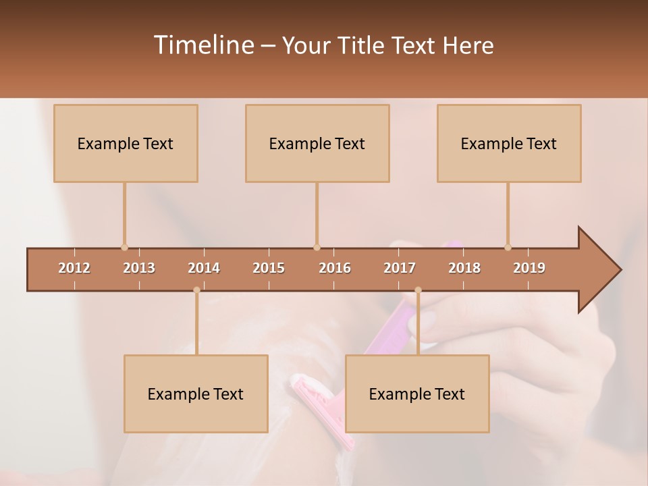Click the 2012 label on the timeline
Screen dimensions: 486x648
[74, 268]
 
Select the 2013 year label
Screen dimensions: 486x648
[139, 268]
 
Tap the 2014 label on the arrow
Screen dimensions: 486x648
[204, 268]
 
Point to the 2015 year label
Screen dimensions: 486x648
[269, 268]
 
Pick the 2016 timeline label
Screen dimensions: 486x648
[335, 268]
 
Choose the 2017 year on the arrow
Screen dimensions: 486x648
[400, 268]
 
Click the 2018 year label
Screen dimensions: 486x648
[464, 268]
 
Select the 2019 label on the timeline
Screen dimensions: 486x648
[529, 268]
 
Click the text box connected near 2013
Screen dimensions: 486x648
[126, 143]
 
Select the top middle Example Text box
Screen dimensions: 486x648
[317, 143]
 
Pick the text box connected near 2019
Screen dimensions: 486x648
[509, 143]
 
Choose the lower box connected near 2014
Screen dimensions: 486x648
[196, 394]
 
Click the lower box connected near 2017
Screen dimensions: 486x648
[417, 394]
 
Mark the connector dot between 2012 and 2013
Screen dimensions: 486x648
[124, 247]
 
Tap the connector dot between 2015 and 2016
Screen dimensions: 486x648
[317, 247]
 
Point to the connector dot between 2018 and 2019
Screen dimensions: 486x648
[508, 247]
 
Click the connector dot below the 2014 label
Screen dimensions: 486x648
[196, 290]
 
